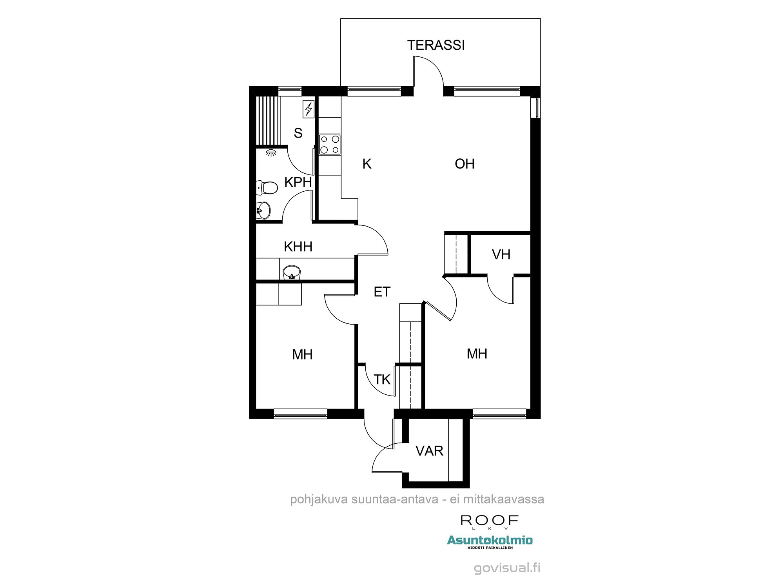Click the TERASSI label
point(436,45)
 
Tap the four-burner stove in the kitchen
point(330,144)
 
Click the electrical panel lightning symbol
point(309,109)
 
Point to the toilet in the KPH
point(268,188)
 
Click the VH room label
point(501,255)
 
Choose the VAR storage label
point(429,451)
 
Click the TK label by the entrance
point(382,379)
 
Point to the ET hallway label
point(382,292)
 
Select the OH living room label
point(465,164)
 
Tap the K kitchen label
point(367,164)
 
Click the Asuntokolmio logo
point(490,541)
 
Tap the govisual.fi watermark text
point(507,568)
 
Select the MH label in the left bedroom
point(302,355)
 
